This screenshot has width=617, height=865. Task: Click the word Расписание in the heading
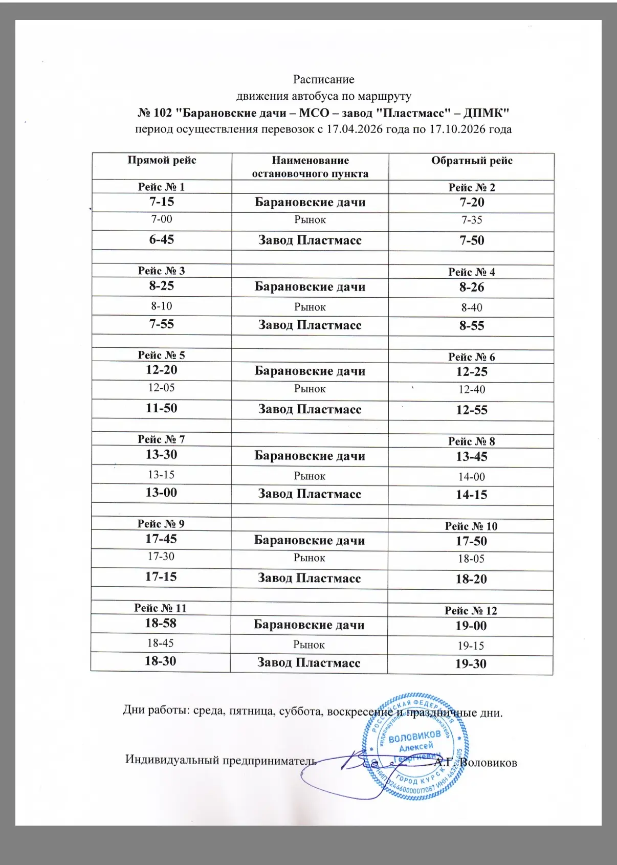click(x=323, y=79)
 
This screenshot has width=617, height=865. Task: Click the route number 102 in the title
click(x=162, y=113)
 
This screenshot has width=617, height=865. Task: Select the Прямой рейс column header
click(x=162, y=161)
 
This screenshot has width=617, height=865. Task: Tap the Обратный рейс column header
click(x=471, y=161)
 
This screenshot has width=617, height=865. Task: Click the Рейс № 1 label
click(x=161, y=187)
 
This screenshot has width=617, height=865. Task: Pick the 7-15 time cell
click(x=162, y=202)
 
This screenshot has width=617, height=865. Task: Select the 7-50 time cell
click(x=472, y=240)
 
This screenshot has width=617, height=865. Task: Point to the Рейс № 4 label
click(x=471, y=272)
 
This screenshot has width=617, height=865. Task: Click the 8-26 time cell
click(x=472, y=287)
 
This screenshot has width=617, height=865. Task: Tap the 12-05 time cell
click(x=162, y=388)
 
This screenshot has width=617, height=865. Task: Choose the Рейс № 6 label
click(x=471, y=357)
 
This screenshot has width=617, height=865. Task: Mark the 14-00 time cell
click(x=471, y=477)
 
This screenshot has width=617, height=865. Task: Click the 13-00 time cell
click(x=161, y=493)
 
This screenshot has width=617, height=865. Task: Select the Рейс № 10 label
click(x=471, y=526)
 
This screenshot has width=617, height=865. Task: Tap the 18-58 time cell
click(x=161, y=623)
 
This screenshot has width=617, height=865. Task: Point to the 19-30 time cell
click(x=471, y=664)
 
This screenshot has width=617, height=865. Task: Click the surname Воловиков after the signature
click(x=489, y=763)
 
